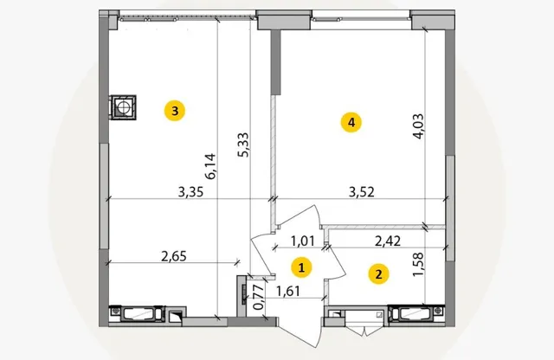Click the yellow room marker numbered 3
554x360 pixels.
(x=175, y=111)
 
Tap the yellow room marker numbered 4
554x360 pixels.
(x=351, y=122)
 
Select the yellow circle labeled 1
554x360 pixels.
(x=301, y=267)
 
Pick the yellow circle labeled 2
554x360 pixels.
(x=379, y=274)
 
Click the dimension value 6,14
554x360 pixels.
(x=210, y=166)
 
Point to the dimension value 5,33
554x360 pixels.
(x=243, y=145)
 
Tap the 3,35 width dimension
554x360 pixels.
(x=190, y=192)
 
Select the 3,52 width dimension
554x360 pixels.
(x=362, y=192)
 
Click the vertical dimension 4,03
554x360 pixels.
(x=418, y=126)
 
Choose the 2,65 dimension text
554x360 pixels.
(x=174, y=256)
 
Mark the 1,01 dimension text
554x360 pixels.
(x=302, y=241)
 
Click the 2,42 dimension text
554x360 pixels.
(x=388, y=241)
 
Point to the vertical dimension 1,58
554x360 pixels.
(x=418, y=264)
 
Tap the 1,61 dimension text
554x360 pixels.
(x=288, y=291)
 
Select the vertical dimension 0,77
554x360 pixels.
(x=259, y=298)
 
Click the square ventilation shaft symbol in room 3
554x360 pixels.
(x=123, y=107)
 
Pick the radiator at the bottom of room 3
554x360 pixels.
(x=137, y=314)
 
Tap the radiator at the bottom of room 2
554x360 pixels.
(x=416, y=314)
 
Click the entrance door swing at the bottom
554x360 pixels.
(x=300, y=332)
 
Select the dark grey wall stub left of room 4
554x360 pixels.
(x=275, y=62)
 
